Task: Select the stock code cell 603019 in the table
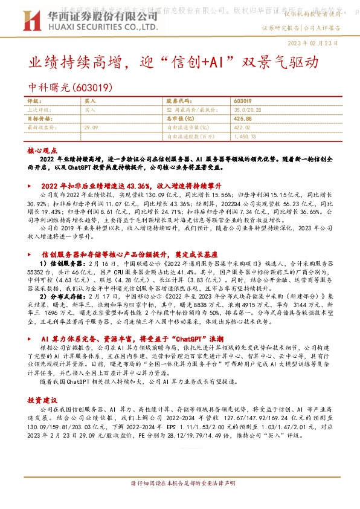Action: click(242, 102)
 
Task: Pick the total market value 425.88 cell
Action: click(242, 119)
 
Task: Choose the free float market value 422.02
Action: click(242, 128)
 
